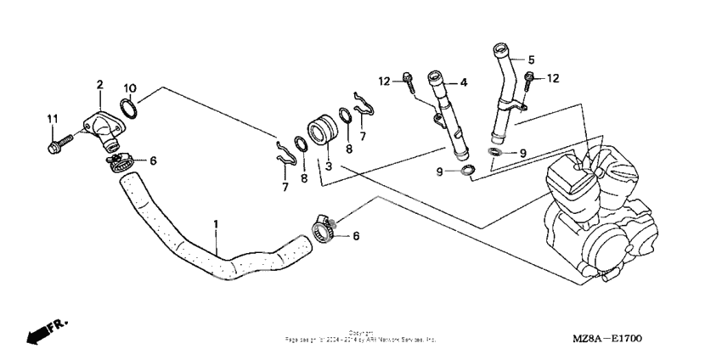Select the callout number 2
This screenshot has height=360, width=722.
tap(99, 85)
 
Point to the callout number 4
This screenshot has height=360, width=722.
tap(464, 82)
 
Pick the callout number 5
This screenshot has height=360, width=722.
tap(531, 59)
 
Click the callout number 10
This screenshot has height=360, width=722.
tap(129, 88)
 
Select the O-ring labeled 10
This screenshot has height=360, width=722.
tap(126, 109)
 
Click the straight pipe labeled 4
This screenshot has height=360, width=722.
tap(450, 119)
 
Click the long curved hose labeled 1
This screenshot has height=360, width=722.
tap(212, 255)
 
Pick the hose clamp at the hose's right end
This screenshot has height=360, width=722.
tap(322, 228)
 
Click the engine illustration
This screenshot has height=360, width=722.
tap(595, 212)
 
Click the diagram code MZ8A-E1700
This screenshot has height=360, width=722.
tap(608, 338)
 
